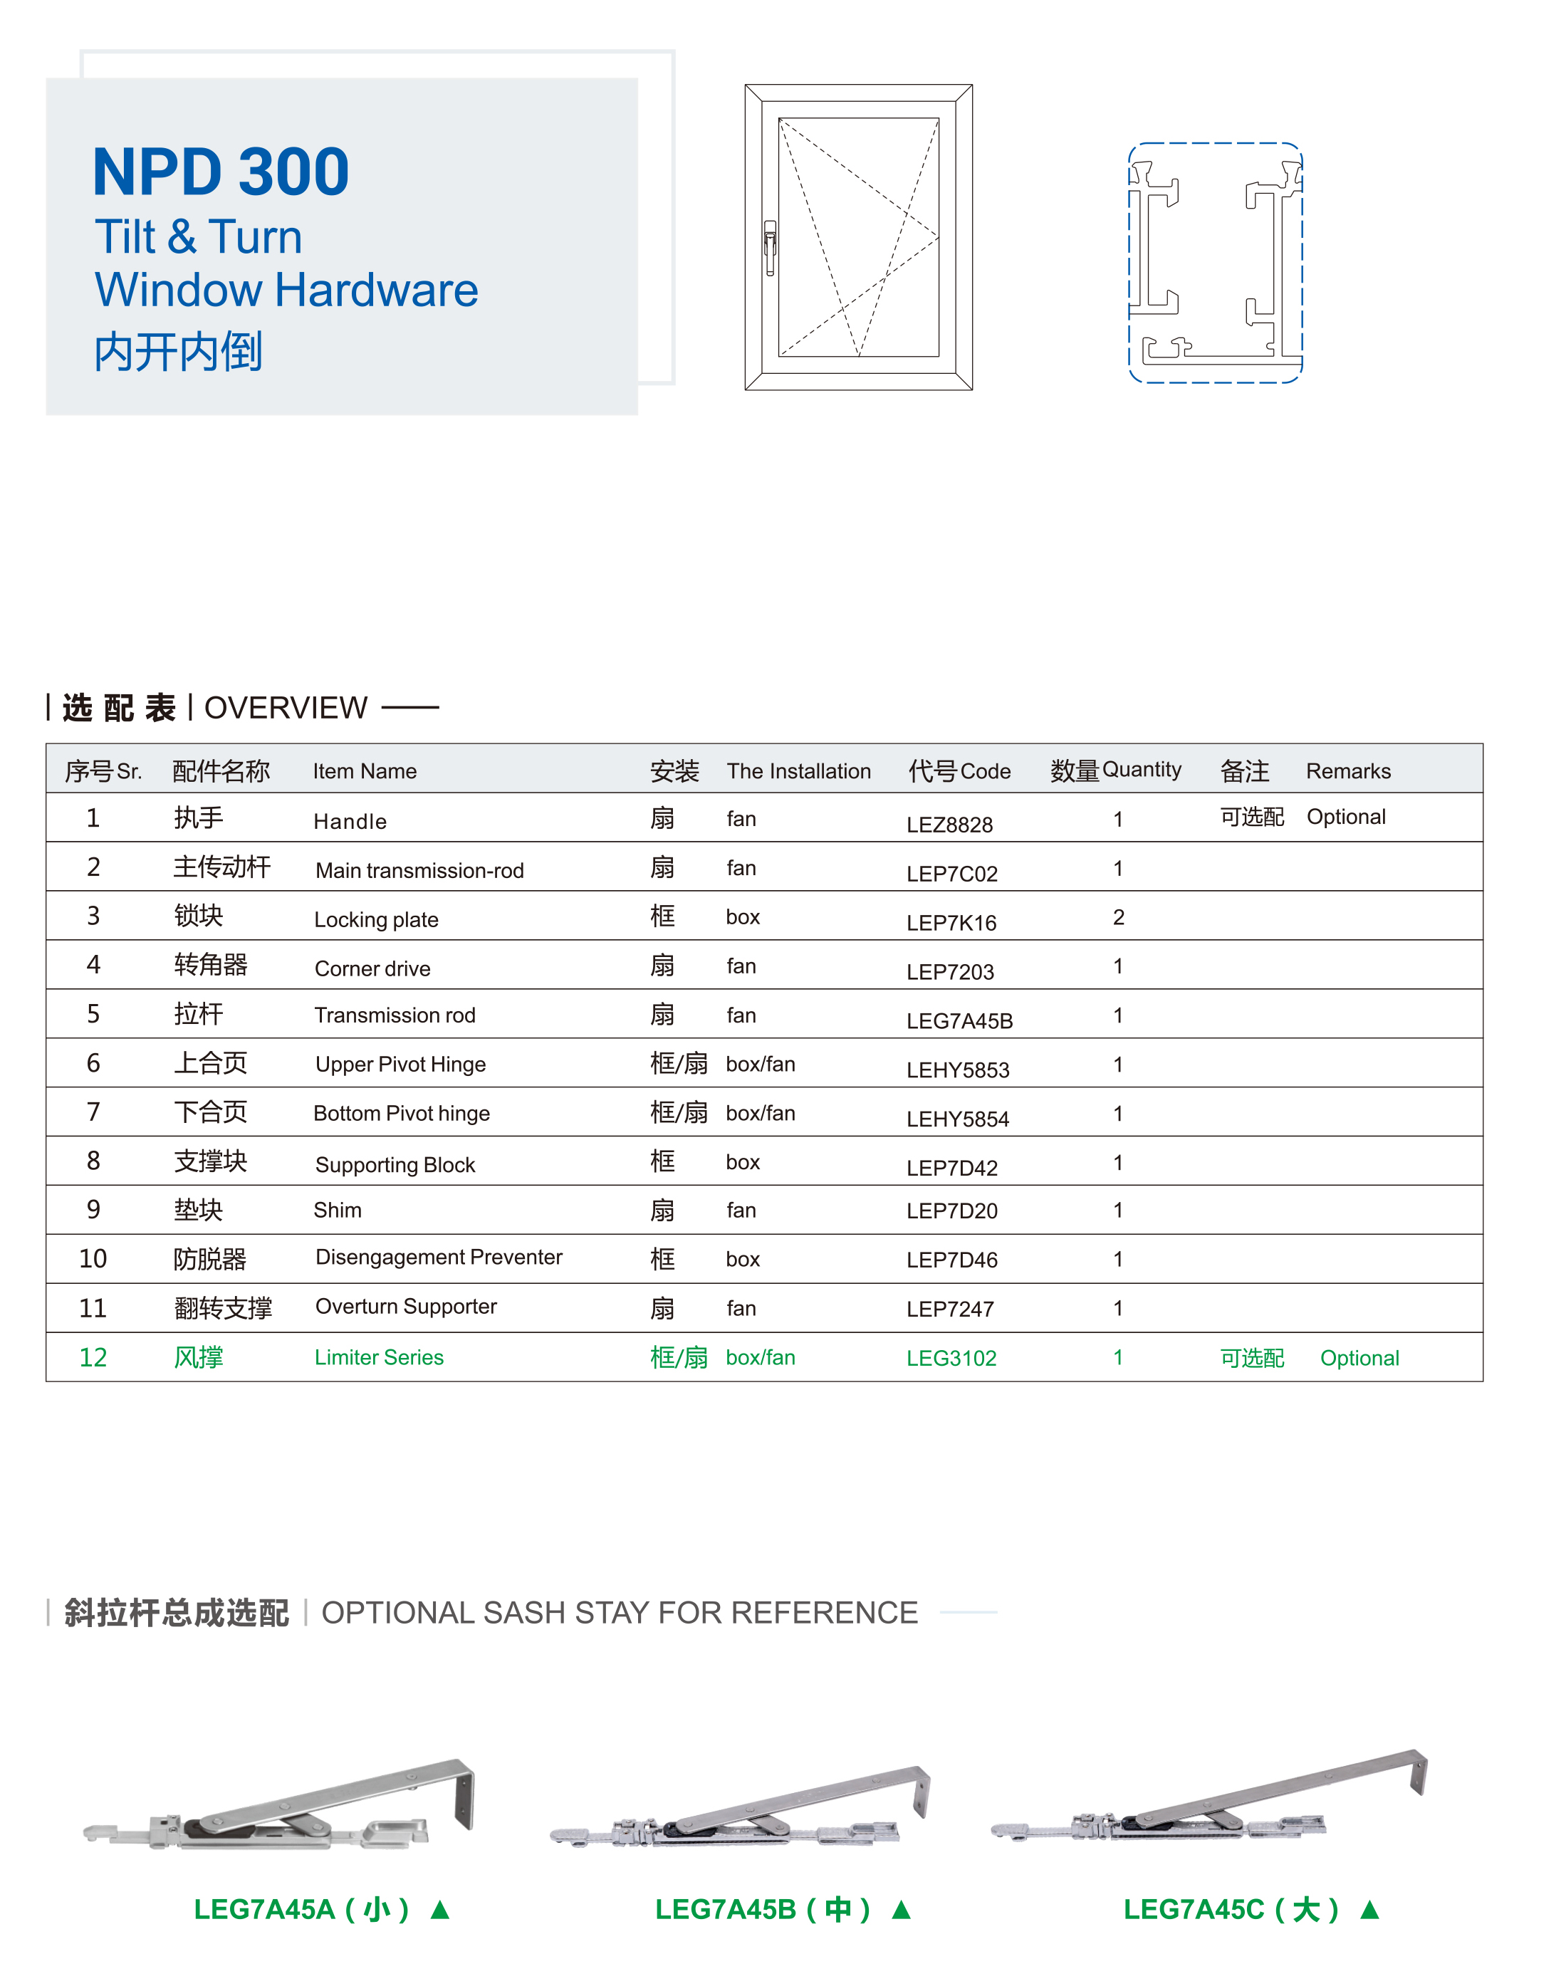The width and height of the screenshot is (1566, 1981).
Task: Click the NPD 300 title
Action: coord(220,172)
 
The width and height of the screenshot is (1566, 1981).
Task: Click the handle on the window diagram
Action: coord(770,248)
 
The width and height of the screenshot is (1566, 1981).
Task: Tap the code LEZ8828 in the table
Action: coord(949,824)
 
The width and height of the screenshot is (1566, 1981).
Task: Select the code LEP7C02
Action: coord(951,874)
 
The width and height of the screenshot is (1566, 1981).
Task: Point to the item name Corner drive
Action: coord(372,969)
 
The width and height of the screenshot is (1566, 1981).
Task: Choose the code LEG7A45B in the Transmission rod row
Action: coord(959,1020)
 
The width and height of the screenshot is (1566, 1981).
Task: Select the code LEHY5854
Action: coord(957,1119)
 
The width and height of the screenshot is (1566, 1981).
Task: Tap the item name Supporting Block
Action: coord(395,1164)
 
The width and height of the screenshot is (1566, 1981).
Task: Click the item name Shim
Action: coord(338,1210)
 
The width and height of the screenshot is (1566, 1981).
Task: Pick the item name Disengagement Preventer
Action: coord(438,1257)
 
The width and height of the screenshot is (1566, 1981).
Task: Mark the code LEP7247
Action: coord(950,1309)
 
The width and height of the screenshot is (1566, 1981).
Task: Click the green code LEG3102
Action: coord(951,1358)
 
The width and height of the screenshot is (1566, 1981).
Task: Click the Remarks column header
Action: coord(1348,771)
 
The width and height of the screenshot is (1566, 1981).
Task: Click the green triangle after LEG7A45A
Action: coord(440,1910)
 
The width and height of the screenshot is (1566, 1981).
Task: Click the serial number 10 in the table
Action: coord(93,1259)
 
